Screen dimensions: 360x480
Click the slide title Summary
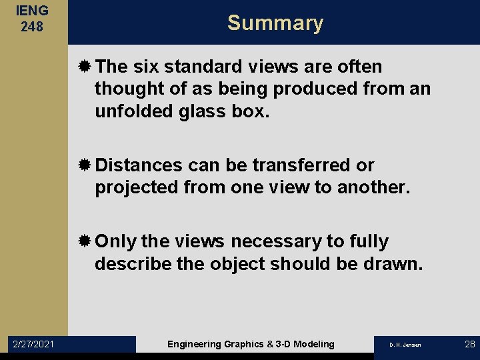275,23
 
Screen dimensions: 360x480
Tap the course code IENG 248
32,19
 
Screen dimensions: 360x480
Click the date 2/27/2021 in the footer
34,344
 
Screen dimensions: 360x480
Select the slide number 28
469,344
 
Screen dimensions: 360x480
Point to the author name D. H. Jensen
405,345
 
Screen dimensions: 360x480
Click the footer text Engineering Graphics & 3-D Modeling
251,344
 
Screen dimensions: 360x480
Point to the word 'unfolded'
131,111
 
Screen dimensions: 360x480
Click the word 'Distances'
139,165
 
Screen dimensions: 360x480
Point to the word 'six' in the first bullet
145,67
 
